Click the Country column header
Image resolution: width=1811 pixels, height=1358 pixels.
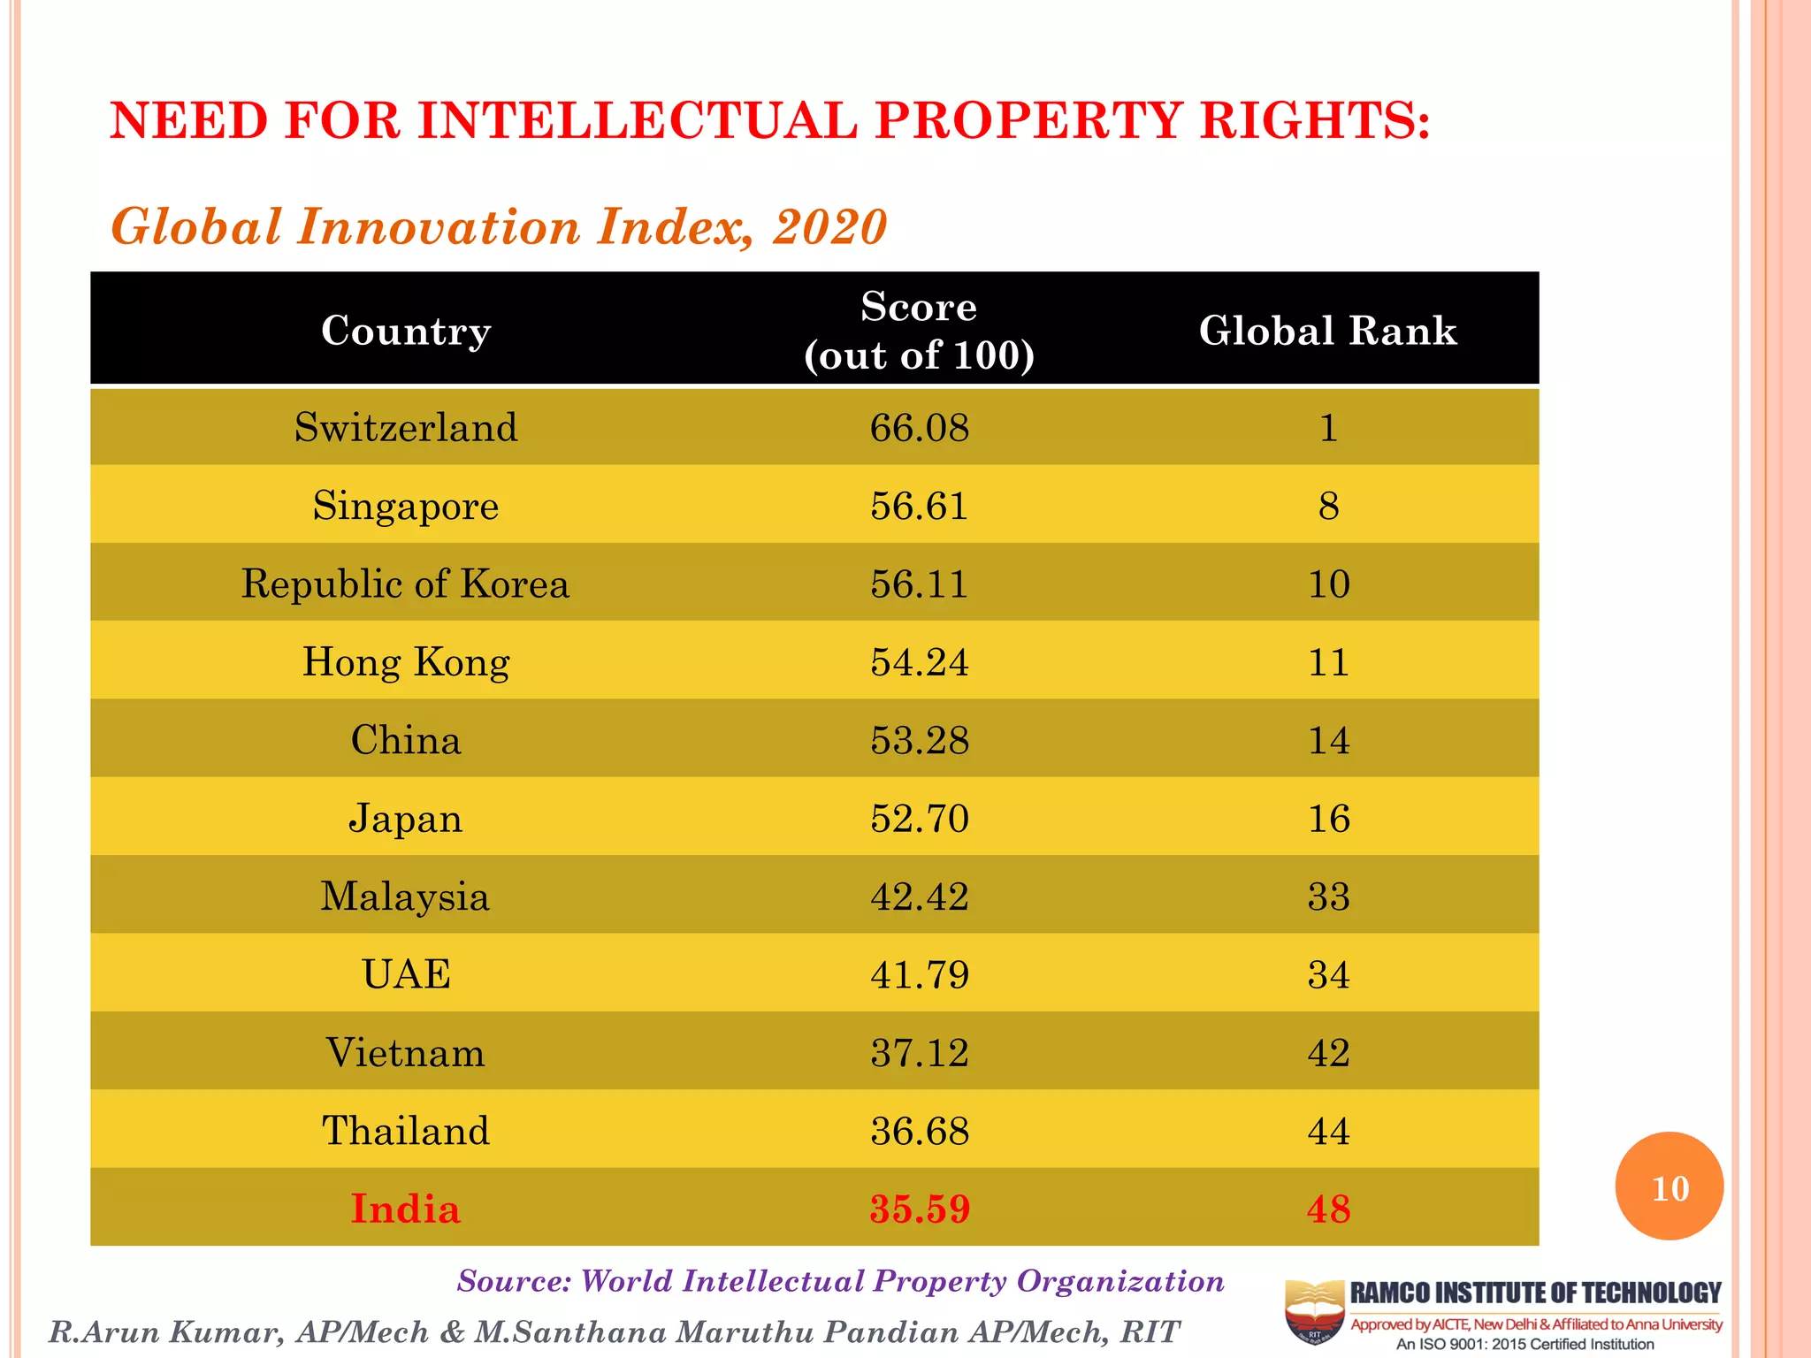coord(406,331)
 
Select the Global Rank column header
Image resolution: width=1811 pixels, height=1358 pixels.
coord(1327,331)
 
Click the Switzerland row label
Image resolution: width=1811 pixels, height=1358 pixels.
coord(406,428)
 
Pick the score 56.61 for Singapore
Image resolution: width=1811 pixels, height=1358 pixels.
coord(919,506)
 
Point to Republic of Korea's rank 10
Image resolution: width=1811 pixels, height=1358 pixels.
coord(1328,584)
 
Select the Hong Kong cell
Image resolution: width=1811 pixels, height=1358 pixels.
coord(406,662)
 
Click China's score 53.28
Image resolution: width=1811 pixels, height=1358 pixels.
coord(919,740)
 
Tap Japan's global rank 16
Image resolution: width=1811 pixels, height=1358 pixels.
coord(1328,819)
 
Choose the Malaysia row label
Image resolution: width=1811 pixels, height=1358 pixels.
coord(406,896)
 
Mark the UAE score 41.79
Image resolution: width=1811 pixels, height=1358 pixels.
coord(919,975)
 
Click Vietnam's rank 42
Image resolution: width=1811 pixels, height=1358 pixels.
coord(1328,1053)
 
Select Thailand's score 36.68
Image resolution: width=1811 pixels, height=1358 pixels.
coord(919,1131)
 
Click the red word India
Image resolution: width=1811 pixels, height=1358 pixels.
coord(406,1209)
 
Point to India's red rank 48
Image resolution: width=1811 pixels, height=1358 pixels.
coord(1328,1209)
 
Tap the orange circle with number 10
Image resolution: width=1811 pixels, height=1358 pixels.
coord(1669,1186)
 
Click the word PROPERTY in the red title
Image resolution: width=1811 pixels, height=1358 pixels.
coord(1028,120)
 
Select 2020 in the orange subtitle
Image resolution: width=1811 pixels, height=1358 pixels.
coord(829,227)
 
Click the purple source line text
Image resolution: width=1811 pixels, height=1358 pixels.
coord(840,1281)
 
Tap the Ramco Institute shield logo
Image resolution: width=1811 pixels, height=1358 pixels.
coord(1314,1312)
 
